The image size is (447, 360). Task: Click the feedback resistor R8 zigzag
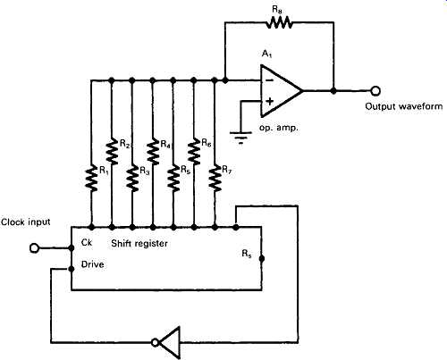point(279,22)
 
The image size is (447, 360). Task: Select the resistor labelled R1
point(91,179)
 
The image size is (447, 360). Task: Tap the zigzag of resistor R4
point(153,152)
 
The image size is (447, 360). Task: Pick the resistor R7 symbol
point(215,179)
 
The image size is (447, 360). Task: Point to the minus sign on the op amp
point(269,80)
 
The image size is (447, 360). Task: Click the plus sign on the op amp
point(269,101)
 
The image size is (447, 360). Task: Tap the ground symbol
point(240,137)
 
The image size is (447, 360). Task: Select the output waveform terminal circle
point(375,90)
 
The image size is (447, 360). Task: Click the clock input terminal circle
point(35,247)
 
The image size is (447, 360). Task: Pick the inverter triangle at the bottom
point(167,342)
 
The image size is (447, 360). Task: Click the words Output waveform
point(404,106)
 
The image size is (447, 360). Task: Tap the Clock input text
point(26,222)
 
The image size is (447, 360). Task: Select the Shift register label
point(139,243)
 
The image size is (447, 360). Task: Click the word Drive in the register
point(93,264)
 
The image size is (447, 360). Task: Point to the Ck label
point(87,242)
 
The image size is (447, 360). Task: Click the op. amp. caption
point(279,128)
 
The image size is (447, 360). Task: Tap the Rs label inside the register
point(247,254)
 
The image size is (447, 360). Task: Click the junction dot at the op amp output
point(333,91)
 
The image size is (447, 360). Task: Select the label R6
point(207,143)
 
